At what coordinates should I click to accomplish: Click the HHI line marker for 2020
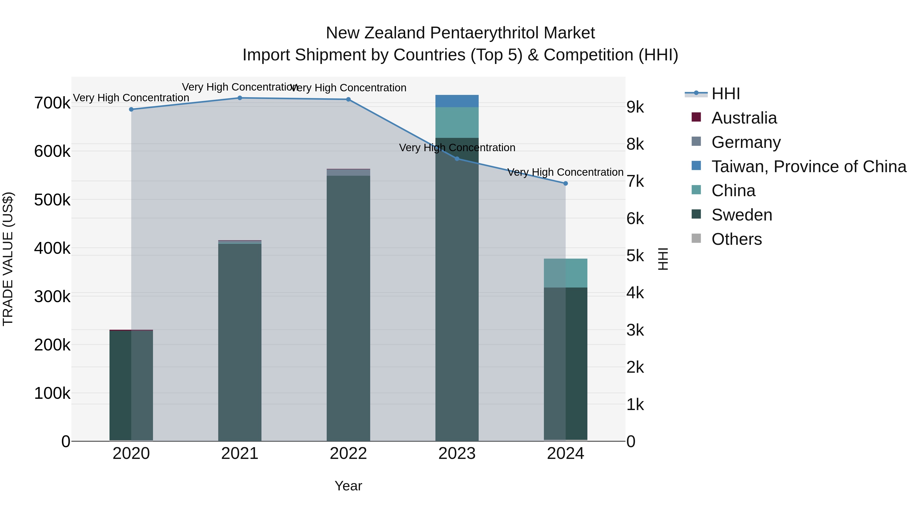[x=131, y=109]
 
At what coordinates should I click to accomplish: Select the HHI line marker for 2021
[x=240, y=98]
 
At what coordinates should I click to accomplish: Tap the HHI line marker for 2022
[x=349, y=100]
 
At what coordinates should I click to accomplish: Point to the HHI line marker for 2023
[x=457, y=159]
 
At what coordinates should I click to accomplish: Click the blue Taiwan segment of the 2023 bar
[x=457, y=101]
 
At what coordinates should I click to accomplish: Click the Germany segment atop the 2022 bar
[x=349, y=173]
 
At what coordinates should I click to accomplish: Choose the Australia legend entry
[x=744, y=118]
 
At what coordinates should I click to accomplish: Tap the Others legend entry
[x=737, y=239]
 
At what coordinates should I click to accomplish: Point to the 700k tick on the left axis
[x=52, y=103]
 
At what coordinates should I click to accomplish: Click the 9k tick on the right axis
[x=635, y=107]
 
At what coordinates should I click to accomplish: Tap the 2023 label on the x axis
[x=457, y=454]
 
